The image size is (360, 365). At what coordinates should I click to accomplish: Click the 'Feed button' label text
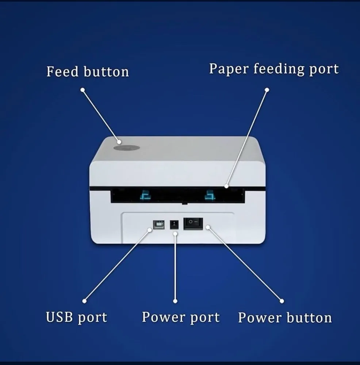coord(88,72)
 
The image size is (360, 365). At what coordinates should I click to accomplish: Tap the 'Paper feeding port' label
coord(274,69)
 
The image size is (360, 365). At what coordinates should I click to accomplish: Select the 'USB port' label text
coord(77,318)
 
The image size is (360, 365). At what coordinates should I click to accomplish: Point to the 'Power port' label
coord(181,318)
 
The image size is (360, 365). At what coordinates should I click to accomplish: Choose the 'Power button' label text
coord(285,318)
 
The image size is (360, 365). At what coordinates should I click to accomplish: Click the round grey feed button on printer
coord(126,148)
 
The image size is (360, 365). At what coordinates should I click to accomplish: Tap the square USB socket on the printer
coord(159,224)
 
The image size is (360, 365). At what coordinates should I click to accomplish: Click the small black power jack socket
coord(174,224)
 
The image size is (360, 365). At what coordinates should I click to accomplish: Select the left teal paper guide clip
coord(146,195)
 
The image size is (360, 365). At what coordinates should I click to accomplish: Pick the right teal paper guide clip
coord(210,195)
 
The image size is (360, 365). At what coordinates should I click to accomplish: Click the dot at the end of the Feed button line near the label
coord(83,90)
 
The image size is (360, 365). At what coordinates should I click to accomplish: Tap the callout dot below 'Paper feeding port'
coord(267,90)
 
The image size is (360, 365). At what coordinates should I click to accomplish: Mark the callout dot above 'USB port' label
coord(85,301)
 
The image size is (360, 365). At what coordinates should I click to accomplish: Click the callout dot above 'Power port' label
coord(175,301)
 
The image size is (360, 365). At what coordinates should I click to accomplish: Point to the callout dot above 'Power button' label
coord(282,301)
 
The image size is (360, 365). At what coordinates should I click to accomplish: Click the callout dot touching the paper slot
coord(226,186)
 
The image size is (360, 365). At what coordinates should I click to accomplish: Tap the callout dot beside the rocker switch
coord(208,227)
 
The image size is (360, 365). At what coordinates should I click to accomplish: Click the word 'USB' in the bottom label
coord(59,317)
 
